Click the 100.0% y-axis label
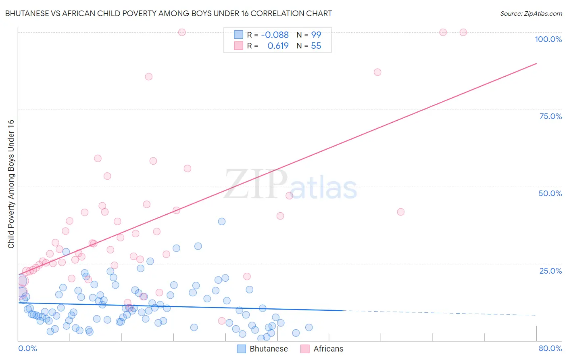(548, 39)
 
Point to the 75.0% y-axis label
(550, 116)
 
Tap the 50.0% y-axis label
(550, 193)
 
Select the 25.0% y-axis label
(550, 271)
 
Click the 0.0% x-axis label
(27, 348)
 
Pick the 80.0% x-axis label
(550, 348)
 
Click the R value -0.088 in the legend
(275, 35)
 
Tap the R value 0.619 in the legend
(278, 46)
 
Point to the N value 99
(316, 35)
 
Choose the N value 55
(316, 46)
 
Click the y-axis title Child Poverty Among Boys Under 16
(11, 184)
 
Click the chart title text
(169, 13)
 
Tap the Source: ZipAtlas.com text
(531, 14)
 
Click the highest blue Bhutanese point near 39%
(222, 222)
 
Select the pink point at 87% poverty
(377, 72)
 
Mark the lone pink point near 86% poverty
(148, 77)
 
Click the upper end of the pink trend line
(536, 63)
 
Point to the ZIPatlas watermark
(290, 185)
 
